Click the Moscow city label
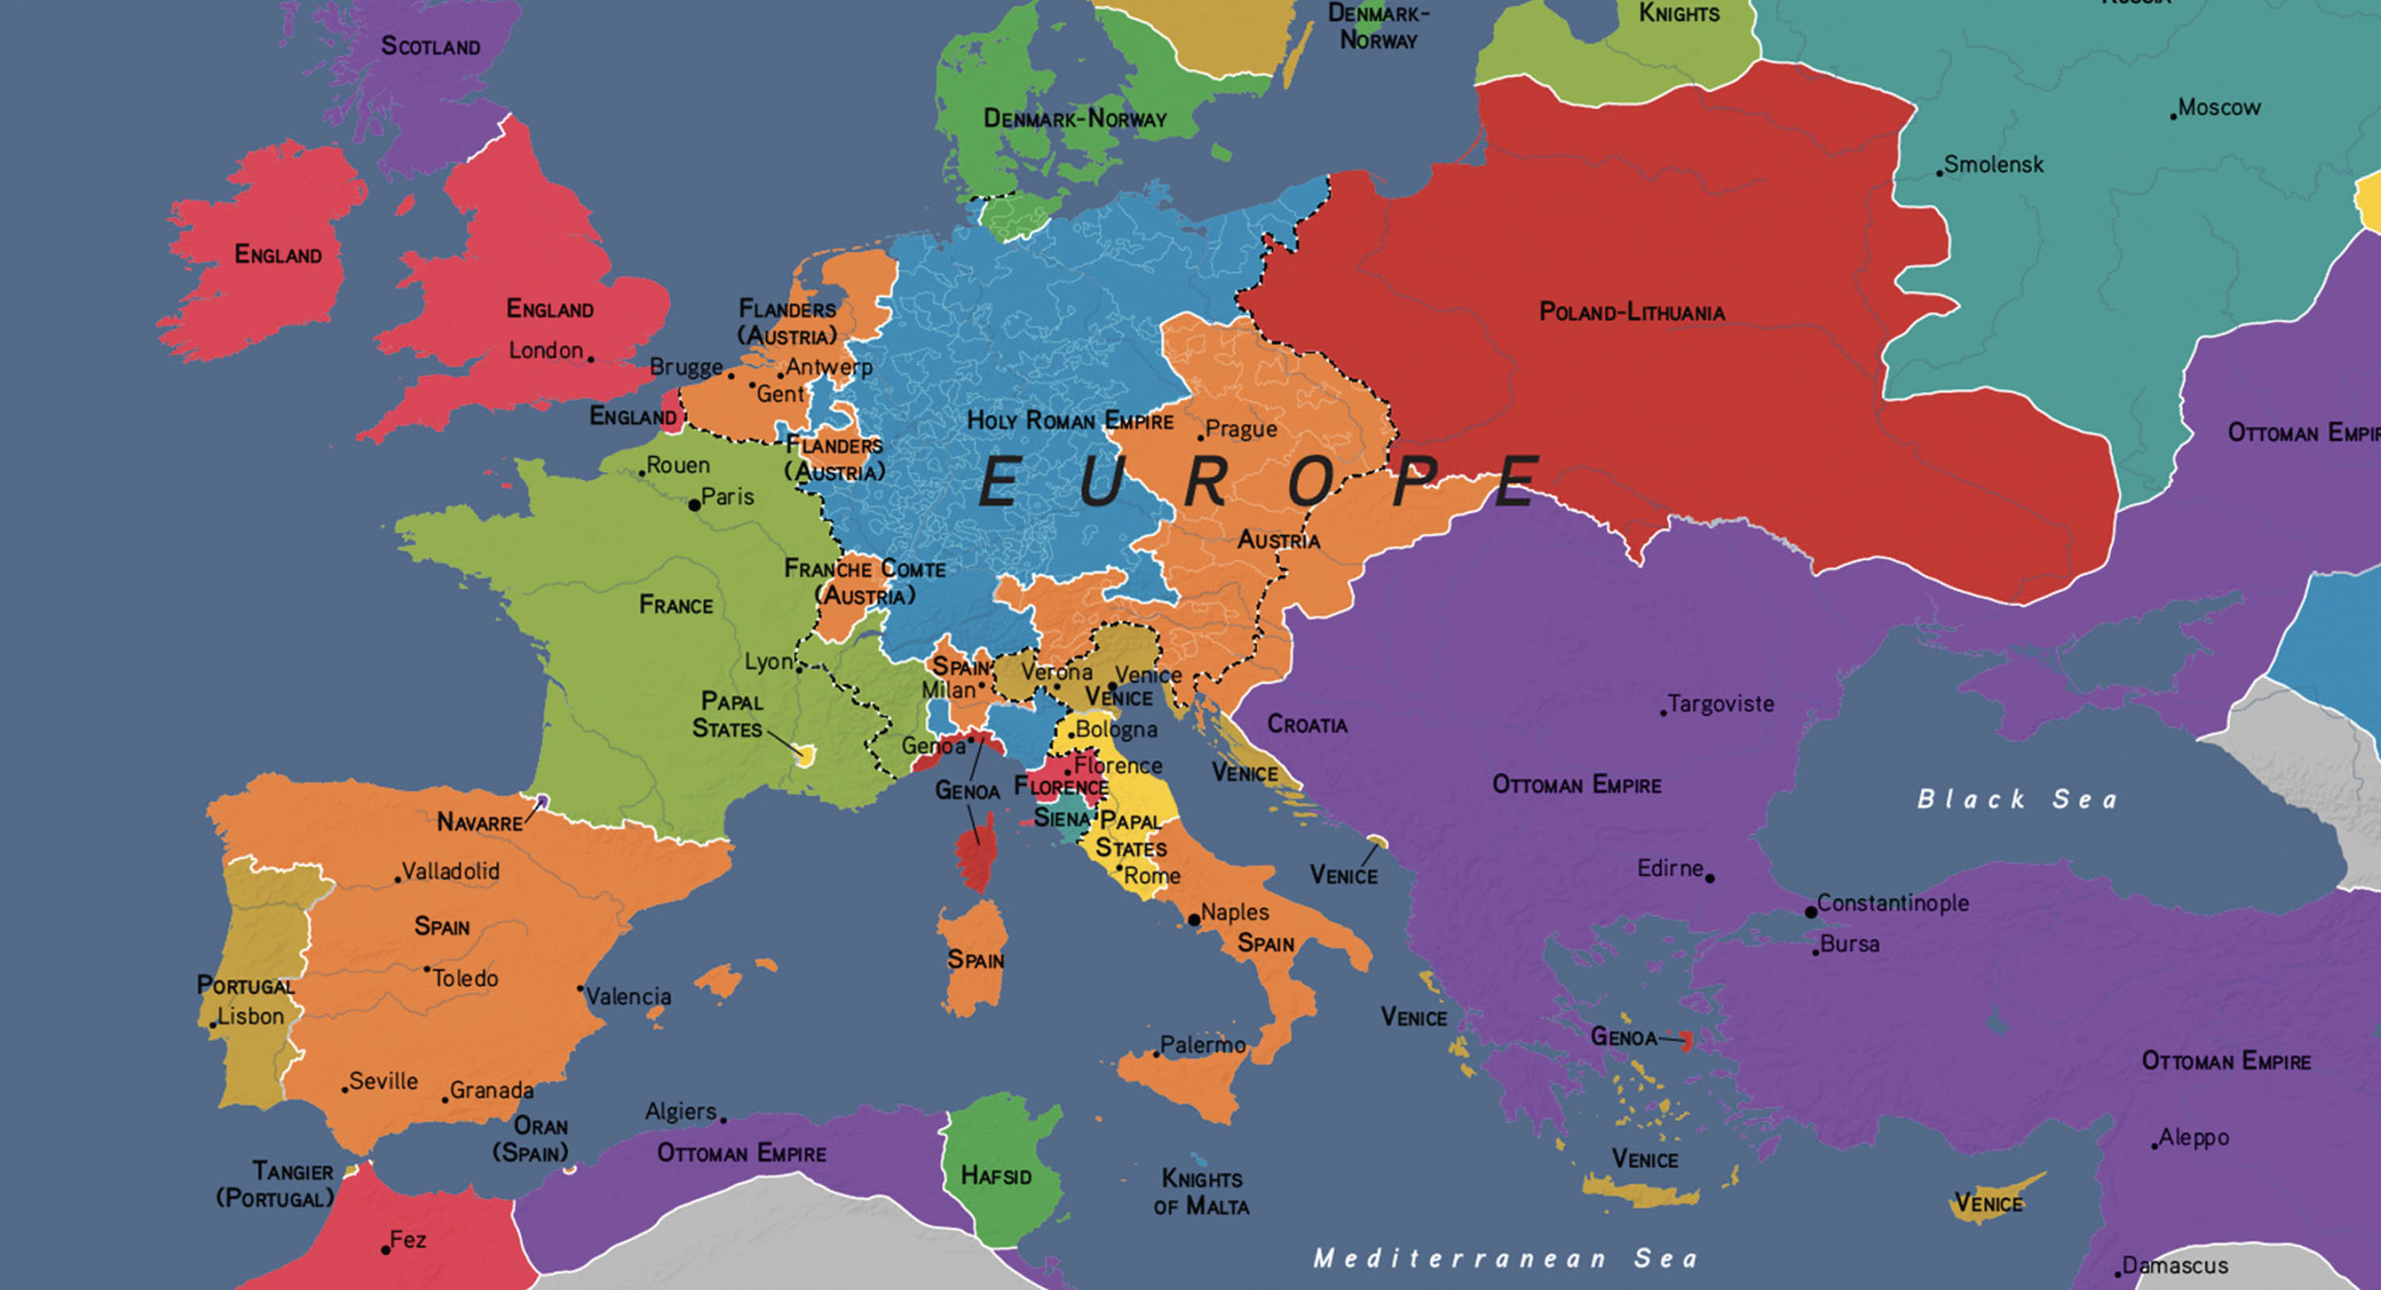[x=2218, y=108]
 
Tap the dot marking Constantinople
[x=1810, y=912]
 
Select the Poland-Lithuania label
[x=1632, y=313]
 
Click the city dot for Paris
[x=694, y=505]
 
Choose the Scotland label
[x=430, y=46]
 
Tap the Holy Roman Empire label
[x=1069, y=421]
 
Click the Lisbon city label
[x=251, y=1016]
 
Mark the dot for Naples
[x=1193, y=920]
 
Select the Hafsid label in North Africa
[x=995, y=1176]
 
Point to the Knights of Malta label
[x=1202, y=1192]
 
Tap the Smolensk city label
[x=1993, y=165]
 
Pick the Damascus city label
[x=2174, y=1265]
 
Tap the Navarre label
[x=479, y=821]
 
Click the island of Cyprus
[x=1997, y=1198]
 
